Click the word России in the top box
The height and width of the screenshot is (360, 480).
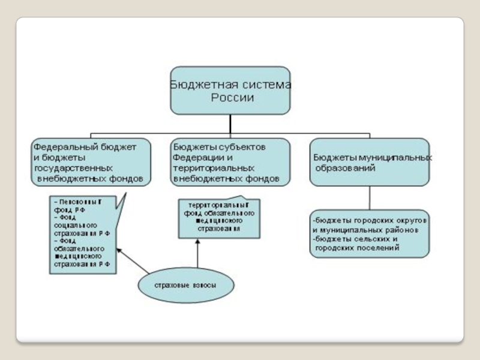pyautogui.click(x=232, y=98)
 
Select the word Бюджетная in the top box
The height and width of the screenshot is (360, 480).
pyautogui.click(x=196, y=85)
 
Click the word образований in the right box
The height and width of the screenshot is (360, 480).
pyautogui.click(x=346, y=169)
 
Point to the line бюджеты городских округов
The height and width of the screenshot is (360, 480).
pyautogui.click(x=370, y=220)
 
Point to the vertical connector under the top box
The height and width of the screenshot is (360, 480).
pyautogui.click(x=230, y=124)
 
